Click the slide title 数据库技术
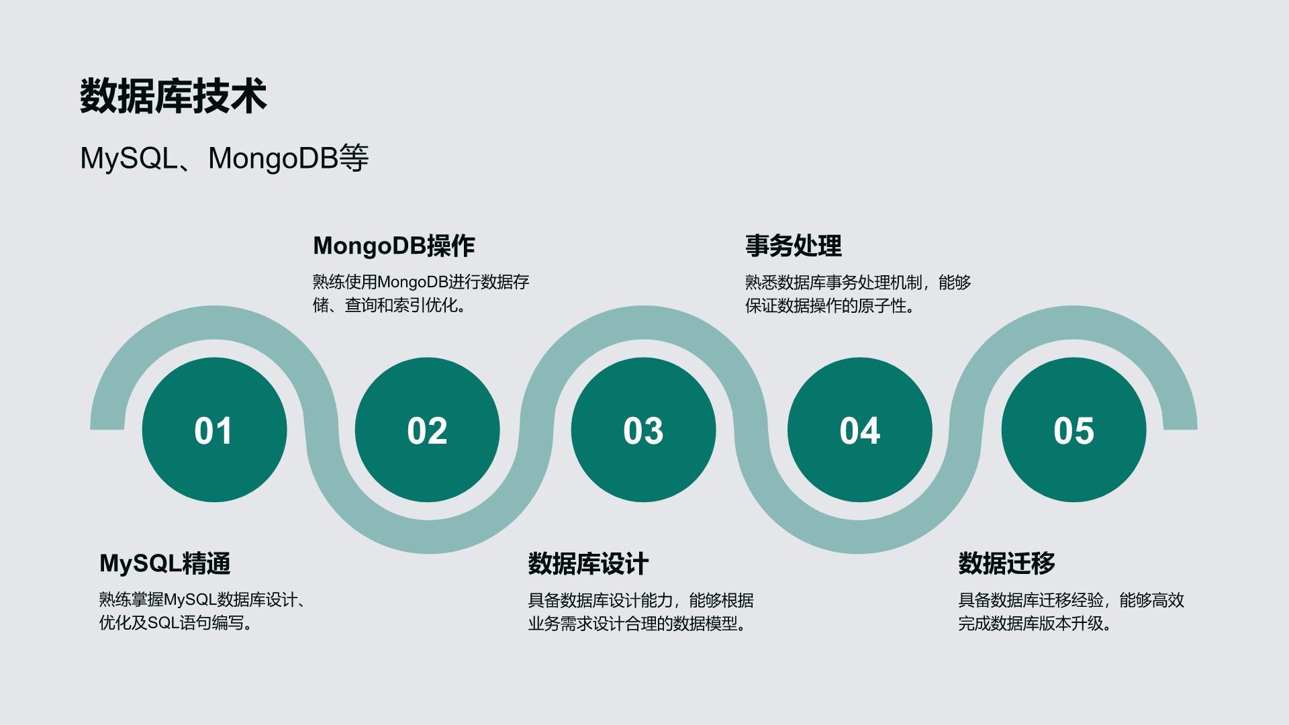point(173,95)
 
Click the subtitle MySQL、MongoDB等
point(224,158)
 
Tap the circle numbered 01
point(214,430)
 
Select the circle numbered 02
point(427,430)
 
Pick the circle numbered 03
point(643,430)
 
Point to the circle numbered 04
point(859,430)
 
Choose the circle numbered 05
point(1073,430)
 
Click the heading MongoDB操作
point(394,246)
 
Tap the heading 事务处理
point(793,246)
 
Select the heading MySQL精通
point(165,563)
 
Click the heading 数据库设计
point(588,563)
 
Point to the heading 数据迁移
point(1006,563)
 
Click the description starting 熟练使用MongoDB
point(421,293)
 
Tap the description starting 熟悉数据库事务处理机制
point(858,293)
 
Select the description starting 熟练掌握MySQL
point(203,611)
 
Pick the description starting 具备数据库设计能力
point(640,611)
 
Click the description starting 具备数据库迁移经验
point(1071,611)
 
